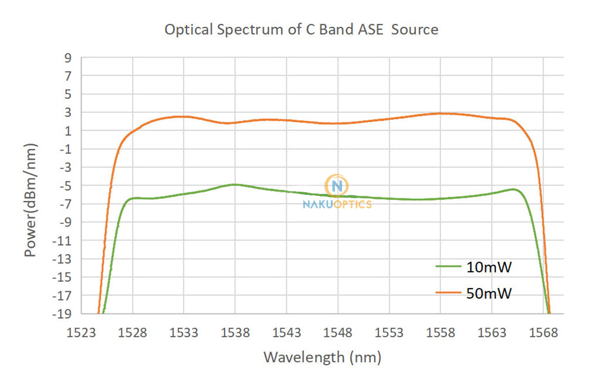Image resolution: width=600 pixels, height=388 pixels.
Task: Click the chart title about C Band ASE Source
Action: point(301,30)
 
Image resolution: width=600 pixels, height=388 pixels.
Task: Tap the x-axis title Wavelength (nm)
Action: point(322,358)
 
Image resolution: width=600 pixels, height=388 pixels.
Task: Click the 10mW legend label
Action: point(489,267)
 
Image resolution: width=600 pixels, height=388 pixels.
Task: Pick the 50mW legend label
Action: point(489,293)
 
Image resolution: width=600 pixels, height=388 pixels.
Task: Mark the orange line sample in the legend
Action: point(449,293)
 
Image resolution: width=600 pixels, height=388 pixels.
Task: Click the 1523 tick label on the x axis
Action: point(82,333)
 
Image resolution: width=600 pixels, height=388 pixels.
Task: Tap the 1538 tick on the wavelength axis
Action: point(235,333)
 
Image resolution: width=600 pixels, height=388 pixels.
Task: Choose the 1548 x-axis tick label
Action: point(337,333)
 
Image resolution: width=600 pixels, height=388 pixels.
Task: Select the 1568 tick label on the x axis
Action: point(543,333)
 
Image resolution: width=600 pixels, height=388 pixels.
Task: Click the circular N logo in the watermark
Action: point(337,186)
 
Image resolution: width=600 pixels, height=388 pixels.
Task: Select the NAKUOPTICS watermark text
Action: point(337,204)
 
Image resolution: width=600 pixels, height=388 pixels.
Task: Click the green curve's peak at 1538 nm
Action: point(235,184)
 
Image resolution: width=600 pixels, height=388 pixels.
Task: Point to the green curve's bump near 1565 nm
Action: point(514,189)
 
